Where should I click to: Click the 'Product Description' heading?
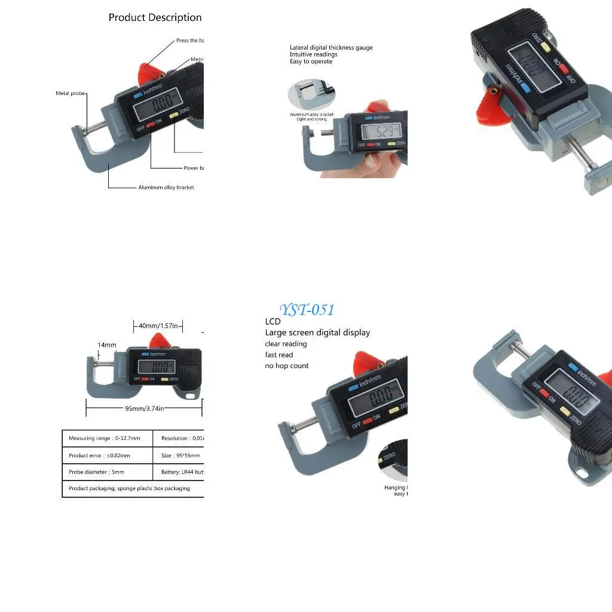tap(155, 17)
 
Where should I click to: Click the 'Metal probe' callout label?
tap(71, 93)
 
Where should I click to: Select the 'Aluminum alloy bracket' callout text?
tap(166, 187)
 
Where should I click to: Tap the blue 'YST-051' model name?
tap(307, 310)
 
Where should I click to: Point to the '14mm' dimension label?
tap(107, 345)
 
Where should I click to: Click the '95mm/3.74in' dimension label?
tap(145, 408)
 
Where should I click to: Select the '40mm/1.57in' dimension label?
tap(158, 326)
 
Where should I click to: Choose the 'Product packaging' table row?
tap(130, 488)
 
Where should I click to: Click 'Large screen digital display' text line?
tap(317, 332)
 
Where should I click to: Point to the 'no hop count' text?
tap(287, 366)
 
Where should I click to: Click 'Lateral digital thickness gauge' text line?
tap(331, 48)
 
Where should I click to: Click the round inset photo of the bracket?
tap(311, 96)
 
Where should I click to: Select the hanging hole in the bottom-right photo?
tap(580, 474)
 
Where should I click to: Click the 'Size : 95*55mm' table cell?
tap(180, 455)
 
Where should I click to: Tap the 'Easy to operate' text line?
tap(311, 62)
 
